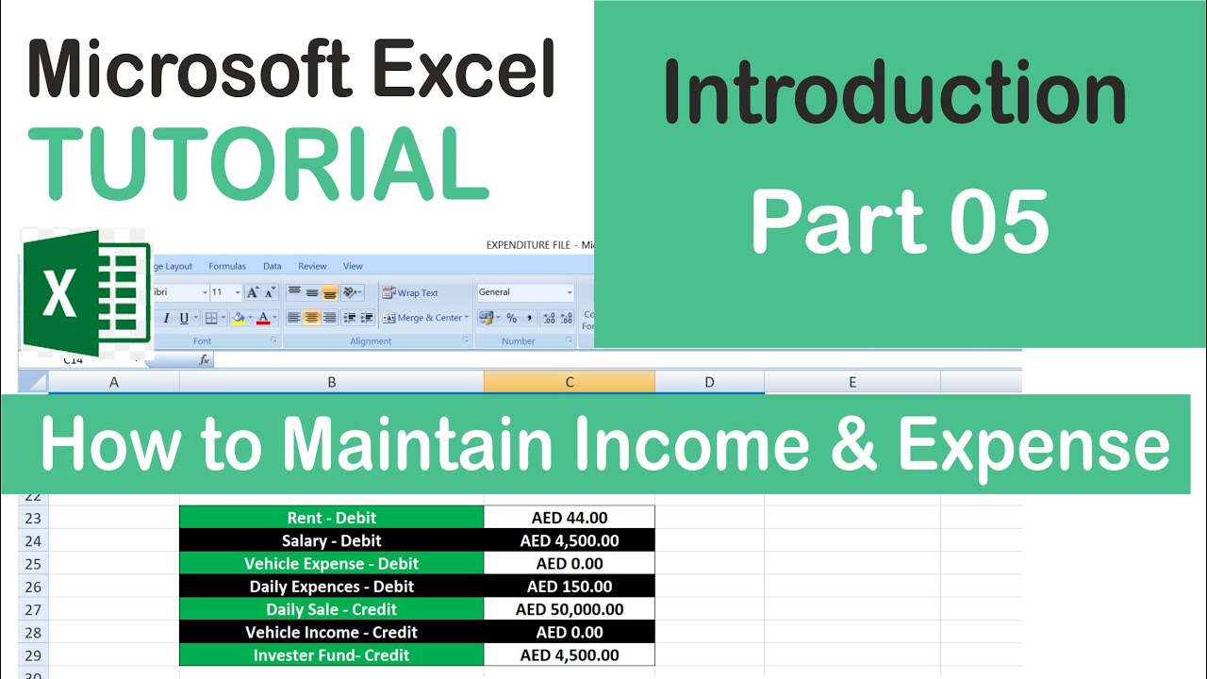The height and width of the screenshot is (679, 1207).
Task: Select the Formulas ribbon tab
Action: [227, 267]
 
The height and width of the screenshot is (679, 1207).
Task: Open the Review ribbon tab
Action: [312, 267]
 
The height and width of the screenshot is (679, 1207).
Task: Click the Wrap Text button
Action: [411, 293]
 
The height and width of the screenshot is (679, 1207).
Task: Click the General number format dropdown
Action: [525, 292]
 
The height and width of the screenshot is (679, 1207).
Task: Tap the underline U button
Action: [184, 318]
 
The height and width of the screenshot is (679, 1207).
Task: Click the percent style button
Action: [511, 318]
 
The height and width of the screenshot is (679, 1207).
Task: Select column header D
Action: [709, 382]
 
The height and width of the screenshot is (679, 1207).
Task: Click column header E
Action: [852, 382]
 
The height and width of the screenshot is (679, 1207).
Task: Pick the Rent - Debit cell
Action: [331, 518]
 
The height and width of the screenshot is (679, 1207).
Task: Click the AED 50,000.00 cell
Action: [570, 609]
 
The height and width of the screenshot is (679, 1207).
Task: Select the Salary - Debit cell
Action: [331, 540]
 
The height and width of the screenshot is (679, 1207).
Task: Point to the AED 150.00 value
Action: [570, 587]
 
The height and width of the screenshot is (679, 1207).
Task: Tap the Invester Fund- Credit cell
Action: [331, 655]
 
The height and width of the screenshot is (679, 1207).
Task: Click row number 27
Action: [33, 609]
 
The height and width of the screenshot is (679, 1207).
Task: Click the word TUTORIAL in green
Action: [259, 162]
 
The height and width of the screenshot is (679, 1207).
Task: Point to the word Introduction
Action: [895, 91]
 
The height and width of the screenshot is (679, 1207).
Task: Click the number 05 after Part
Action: [1000, 223]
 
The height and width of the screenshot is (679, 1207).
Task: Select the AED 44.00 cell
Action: [570, 518]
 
